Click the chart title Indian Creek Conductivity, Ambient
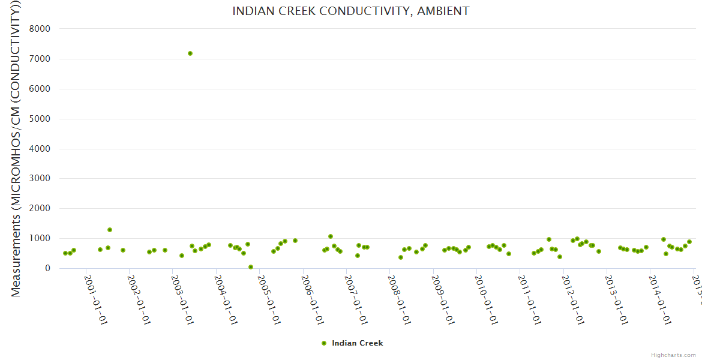[x=350, y=11]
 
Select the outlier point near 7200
[x=190, y=53]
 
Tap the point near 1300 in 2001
[x=110, y=230]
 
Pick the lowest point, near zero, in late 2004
[x=251, y=267]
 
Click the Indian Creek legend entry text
[x=357, y=343]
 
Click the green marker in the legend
[x=324, y=343]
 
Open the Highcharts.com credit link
[x=673, y=355]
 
